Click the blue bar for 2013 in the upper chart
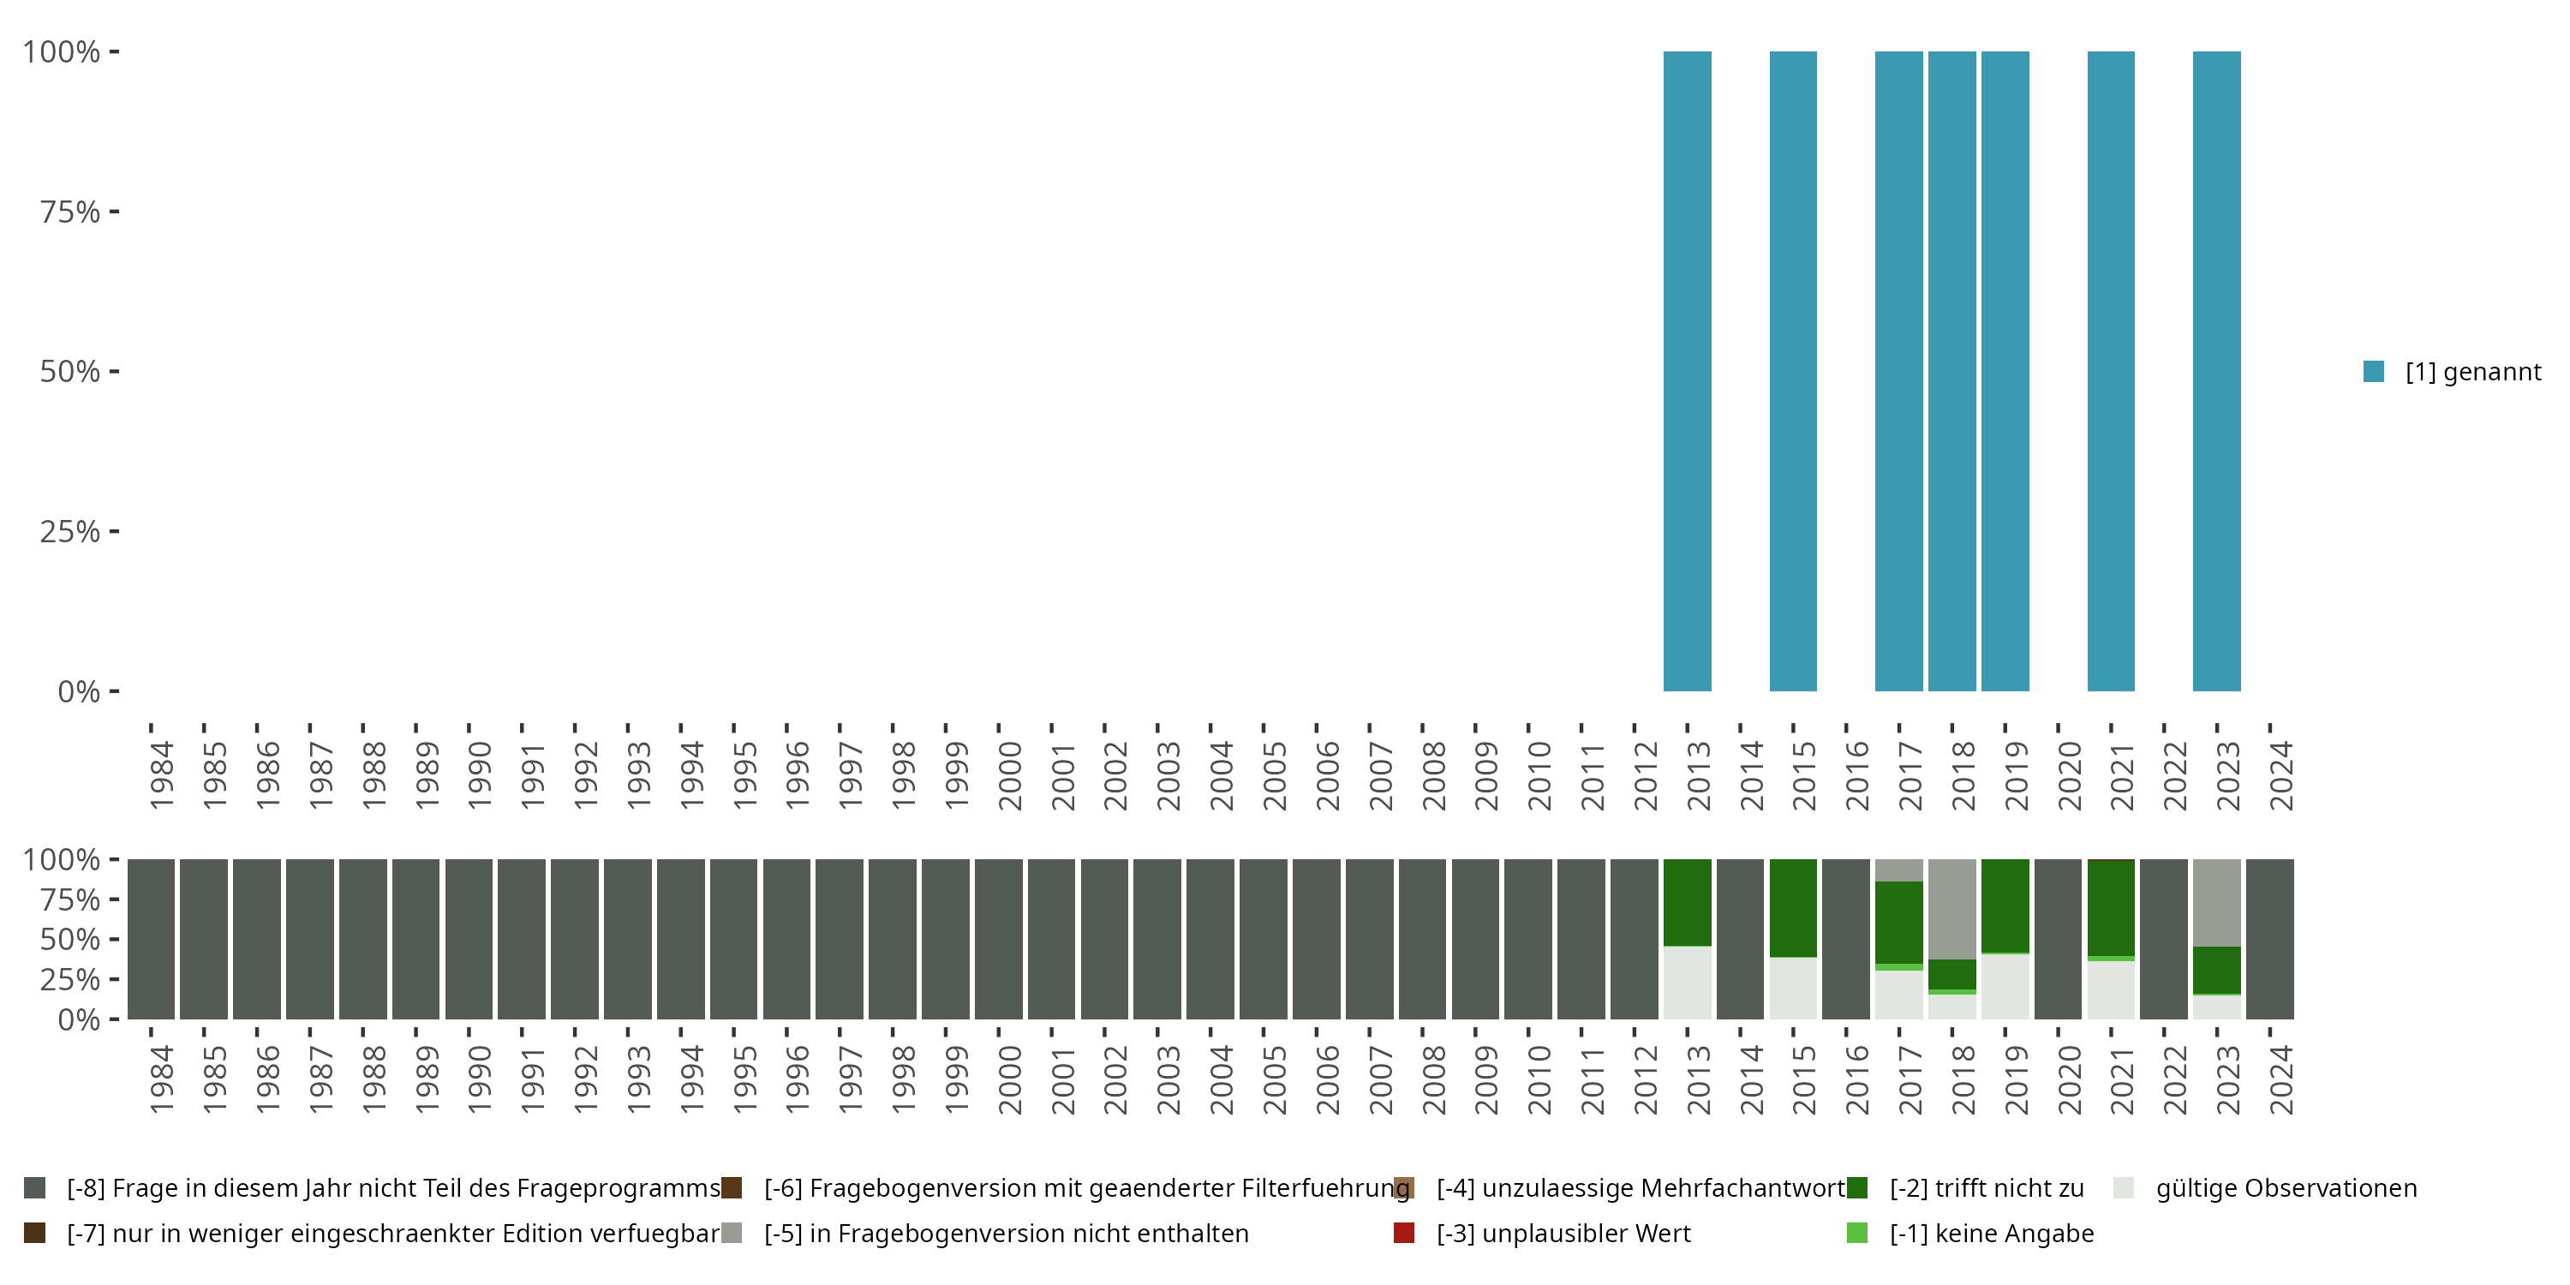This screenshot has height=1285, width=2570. (1686, 371)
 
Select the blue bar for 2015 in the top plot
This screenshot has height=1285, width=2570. (1793, 371)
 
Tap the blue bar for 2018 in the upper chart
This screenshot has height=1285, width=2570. (1951, 371)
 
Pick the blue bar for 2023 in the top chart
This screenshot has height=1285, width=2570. (2216, 371)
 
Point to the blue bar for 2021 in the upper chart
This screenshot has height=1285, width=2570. (2110, 371)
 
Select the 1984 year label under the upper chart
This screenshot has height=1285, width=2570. (162, 775)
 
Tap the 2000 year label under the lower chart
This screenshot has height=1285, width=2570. (1010, 1079)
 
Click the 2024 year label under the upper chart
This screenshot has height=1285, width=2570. (2280, 775)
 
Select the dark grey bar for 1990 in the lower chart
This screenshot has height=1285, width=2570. (469, 939)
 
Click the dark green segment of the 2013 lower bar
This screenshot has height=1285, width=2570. (1686, 902)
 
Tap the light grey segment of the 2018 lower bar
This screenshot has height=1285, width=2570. (1951, 908)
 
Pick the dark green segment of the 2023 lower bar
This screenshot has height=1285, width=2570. (2216, 969)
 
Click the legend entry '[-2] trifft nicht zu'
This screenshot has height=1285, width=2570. (1986, 1188)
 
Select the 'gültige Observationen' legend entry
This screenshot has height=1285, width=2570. (2285, 1188)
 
